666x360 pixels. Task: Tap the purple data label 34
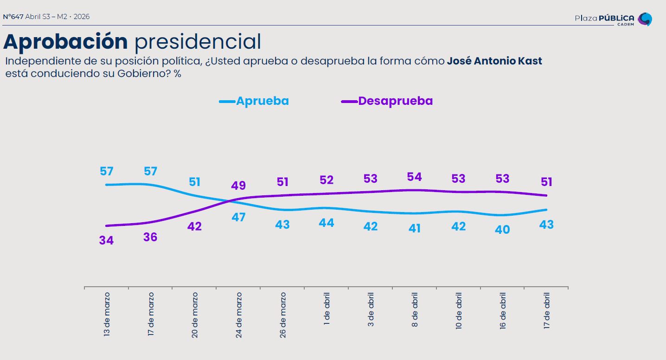point(106,240)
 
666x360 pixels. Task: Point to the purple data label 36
point(150,237)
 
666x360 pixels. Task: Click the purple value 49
point(238,186)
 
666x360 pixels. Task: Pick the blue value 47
point(238,217)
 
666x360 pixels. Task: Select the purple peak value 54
point(414,177)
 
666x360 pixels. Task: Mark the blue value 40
point(502,229)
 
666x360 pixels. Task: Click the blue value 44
point(327,223)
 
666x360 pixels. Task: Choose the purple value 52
point(327,180)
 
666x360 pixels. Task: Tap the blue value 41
point(414,228)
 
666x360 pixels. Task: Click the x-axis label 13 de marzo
point(107,314)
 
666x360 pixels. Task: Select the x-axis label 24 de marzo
point(239,314)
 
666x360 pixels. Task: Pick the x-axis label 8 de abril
point(415,309)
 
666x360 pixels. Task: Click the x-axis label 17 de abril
point(546,310)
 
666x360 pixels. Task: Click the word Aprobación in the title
point(65,42)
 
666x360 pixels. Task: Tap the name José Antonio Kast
point(494,61)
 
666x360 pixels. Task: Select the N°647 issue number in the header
point(13,17)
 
